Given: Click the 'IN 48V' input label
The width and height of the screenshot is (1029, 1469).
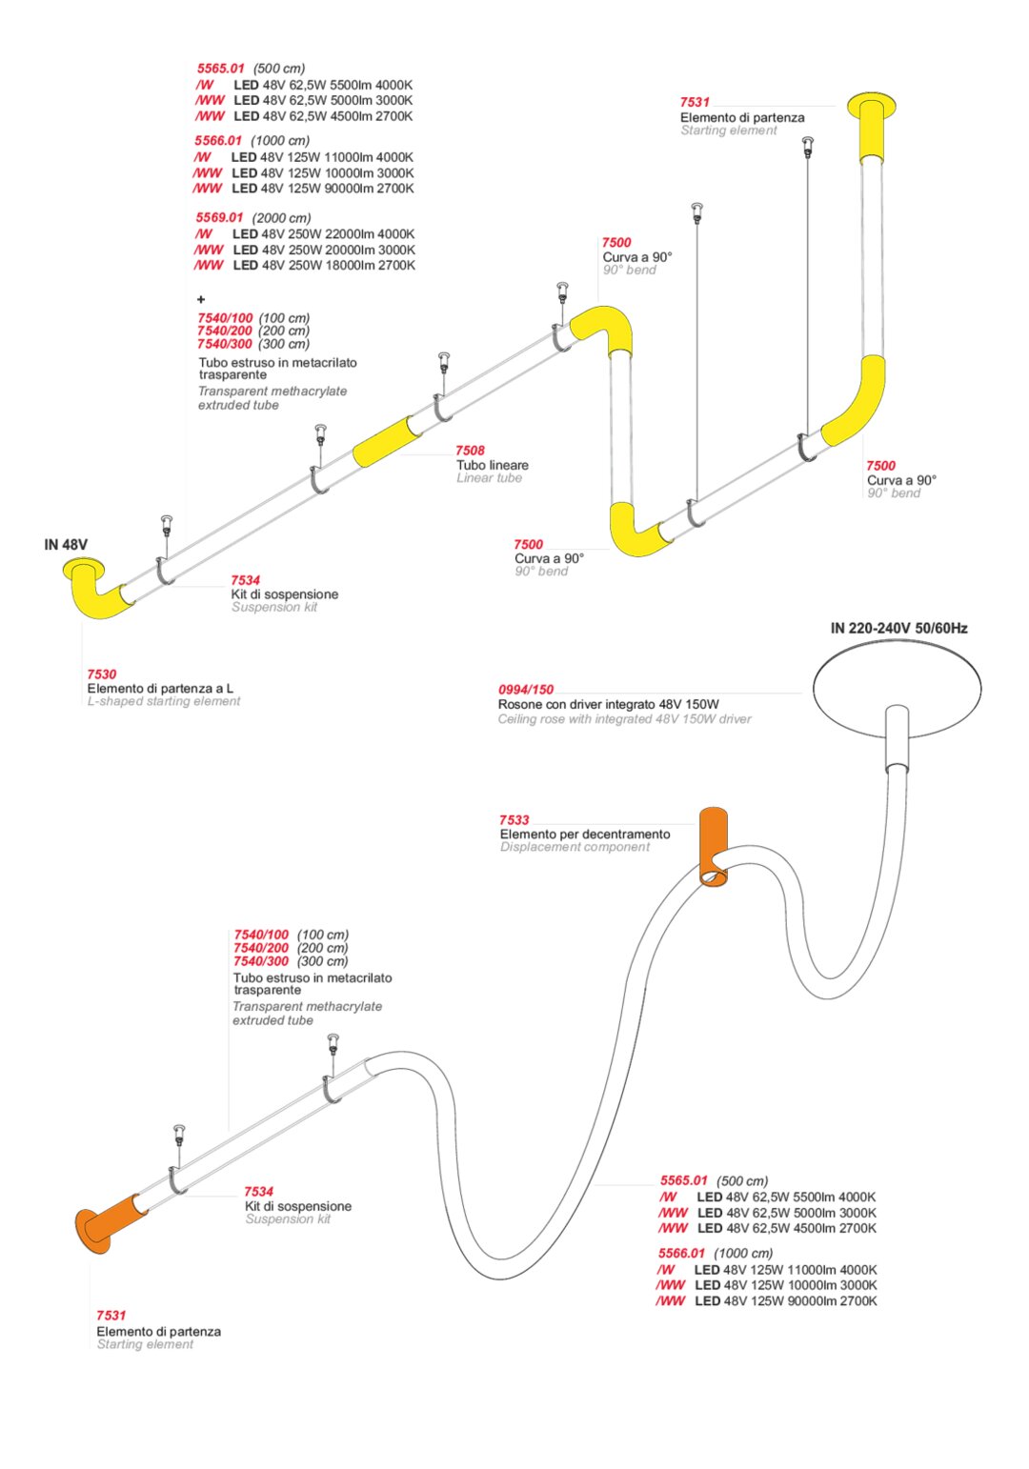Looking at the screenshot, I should click(x=66, y=545).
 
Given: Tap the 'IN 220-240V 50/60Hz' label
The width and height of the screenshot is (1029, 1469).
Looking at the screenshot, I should click(x=898, y=628).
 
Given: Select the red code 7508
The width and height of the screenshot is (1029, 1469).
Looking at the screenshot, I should click(x=470, y=451).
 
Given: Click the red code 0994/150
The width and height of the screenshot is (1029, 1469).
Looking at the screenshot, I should click(x=526, y=690).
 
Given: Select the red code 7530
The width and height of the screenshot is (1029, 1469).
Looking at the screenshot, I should click(x=102, y=674).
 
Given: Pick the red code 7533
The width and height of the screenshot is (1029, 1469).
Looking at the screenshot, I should click(x=514, y=820).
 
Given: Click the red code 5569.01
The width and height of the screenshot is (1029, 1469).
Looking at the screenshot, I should click(x=220, y=218).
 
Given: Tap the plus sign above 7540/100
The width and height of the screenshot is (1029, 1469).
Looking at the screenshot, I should click(x=201, y=300).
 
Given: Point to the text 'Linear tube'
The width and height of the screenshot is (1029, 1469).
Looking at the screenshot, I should click(x=489, y=478).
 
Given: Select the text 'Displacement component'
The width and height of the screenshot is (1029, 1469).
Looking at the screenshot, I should click(x=575, y=847).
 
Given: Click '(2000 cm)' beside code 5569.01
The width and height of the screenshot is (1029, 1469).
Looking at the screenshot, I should click(x=282, y=218).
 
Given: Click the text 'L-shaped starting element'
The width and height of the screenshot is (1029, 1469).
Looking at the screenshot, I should click(x=164, y=701).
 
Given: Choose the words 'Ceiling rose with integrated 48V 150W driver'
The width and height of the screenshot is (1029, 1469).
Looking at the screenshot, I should click(x=624, y=719).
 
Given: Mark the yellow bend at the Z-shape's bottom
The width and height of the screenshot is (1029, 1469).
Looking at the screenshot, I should click(x=634, y=532).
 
